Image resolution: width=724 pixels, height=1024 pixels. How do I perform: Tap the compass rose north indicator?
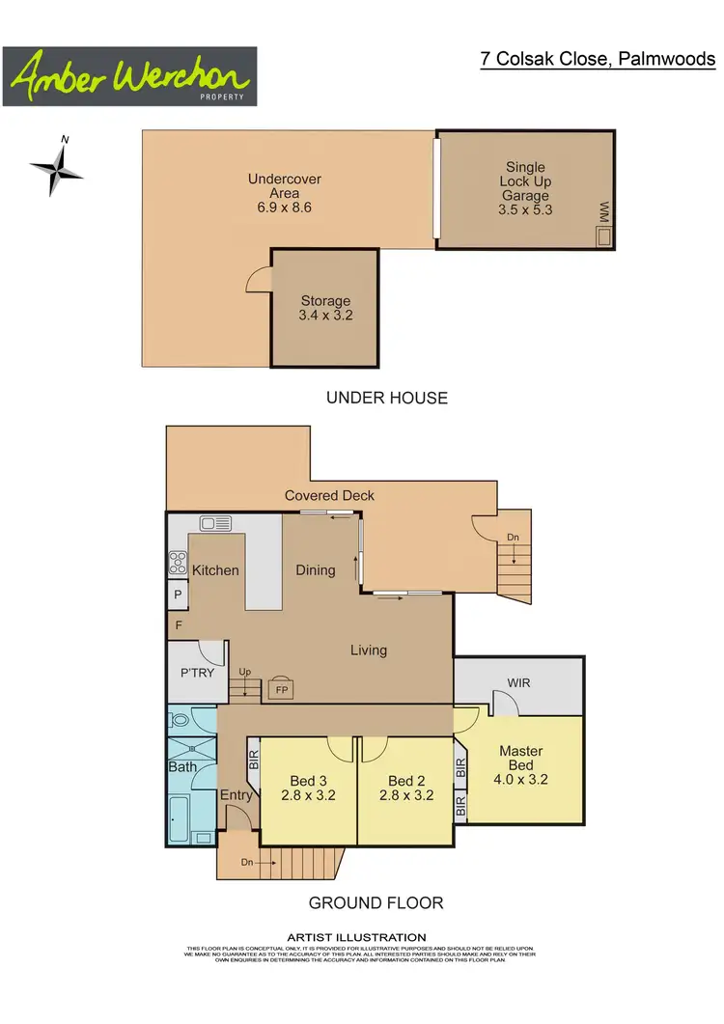coord(59,169)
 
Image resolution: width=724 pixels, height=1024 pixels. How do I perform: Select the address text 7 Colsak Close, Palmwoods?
coord(599,59)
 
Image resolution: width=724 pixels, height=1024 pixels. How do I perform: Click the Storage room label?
coord(325,308)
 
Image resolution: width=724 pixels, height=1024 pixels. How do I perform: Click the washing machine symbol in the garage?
coord(604,235)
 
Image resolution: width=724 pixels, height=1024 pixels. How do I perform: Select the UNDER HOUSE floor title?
coord(386,398)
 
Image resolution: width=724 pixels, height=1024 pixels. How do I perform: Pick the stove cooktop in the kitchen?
coord(178,563)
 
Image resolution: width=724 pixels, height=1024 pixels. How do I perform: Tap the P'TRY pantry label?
coord(196,673)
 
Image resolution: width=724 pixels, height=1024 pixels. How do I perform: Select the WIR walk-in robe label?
coord(519,683)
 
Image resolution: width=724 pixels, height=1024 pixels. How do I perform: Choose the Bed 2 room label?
coord(406,789)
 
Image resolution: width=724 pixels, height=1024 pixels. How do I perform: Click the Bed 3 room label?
coord(308,789)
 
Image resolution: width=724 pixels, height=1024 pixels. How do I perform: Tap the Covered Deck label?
coord(329,496)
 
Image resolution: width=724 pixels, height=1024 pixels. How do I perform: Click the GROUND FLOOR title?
coord(376,903)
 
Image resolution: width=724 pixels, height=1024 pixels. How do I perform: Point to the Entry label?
coord(237,795)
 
